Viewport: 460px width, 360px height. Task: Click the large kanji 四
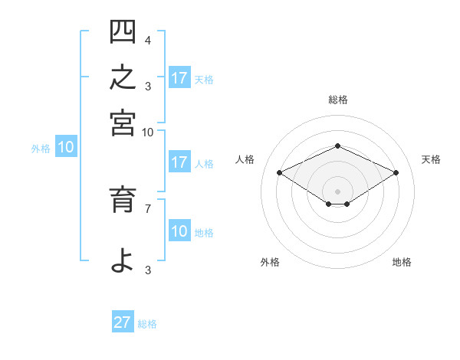(x=123, y=31)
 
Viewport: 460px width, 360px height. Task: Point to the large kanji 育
(x=123, y=199)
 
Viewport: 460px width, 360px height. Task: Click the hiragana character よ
(x=123, y=260)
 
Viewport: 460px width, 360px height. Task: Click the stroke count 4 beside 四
(x=148, y=40)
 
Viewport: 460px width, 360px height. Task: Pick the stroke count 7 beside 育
(x=148, y=209)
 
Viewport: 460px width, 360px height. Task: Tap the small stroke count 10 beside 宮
(x=147, y=133)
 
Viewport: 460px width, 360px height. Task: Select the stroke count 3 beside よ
(x=148, y=270)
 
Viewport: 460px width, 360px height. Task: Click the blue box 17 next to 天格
(x=179, y=77)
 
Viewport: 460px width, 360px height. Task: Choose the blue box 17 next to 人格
(x=179, y=162)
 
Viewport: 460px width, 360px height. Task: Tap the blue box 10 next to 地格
(x=179, y=230)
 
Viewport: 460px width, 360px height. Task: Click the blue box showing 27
(x=123, y=321)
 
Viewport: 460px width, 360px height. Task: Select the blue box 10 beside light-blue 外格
(x=66, y=146)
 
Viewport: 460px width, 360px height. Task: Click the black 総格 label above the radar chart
(x=338, y=100)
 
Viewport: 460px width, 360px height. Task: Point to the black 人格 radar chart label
(x=245, y=159)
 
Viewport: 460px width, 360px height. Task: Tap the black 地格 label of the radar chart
(x=402, y=262)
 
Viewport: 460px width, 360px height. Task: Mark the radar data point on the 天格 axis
(x=396, y=172)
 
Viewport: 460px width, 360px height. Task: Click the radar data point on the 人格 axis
(x=279, y=172)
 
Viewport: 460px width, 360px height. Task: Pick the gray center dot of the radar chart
(x=337, y=191)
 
